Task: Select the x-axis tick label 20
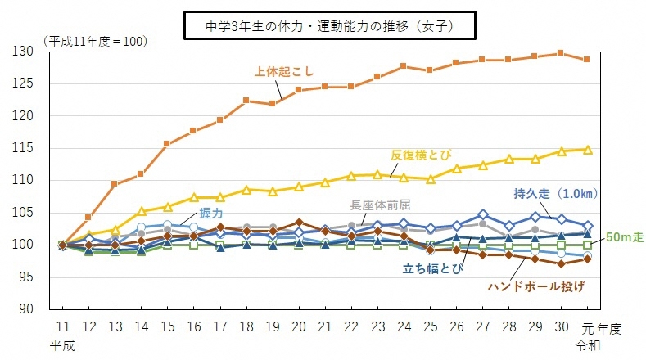300,327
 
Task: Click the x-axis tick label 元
587,327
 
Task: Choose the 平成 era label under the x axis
62,344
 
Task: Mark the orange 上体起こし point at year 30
560,53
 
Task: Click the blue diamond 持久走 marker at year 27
483,215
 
